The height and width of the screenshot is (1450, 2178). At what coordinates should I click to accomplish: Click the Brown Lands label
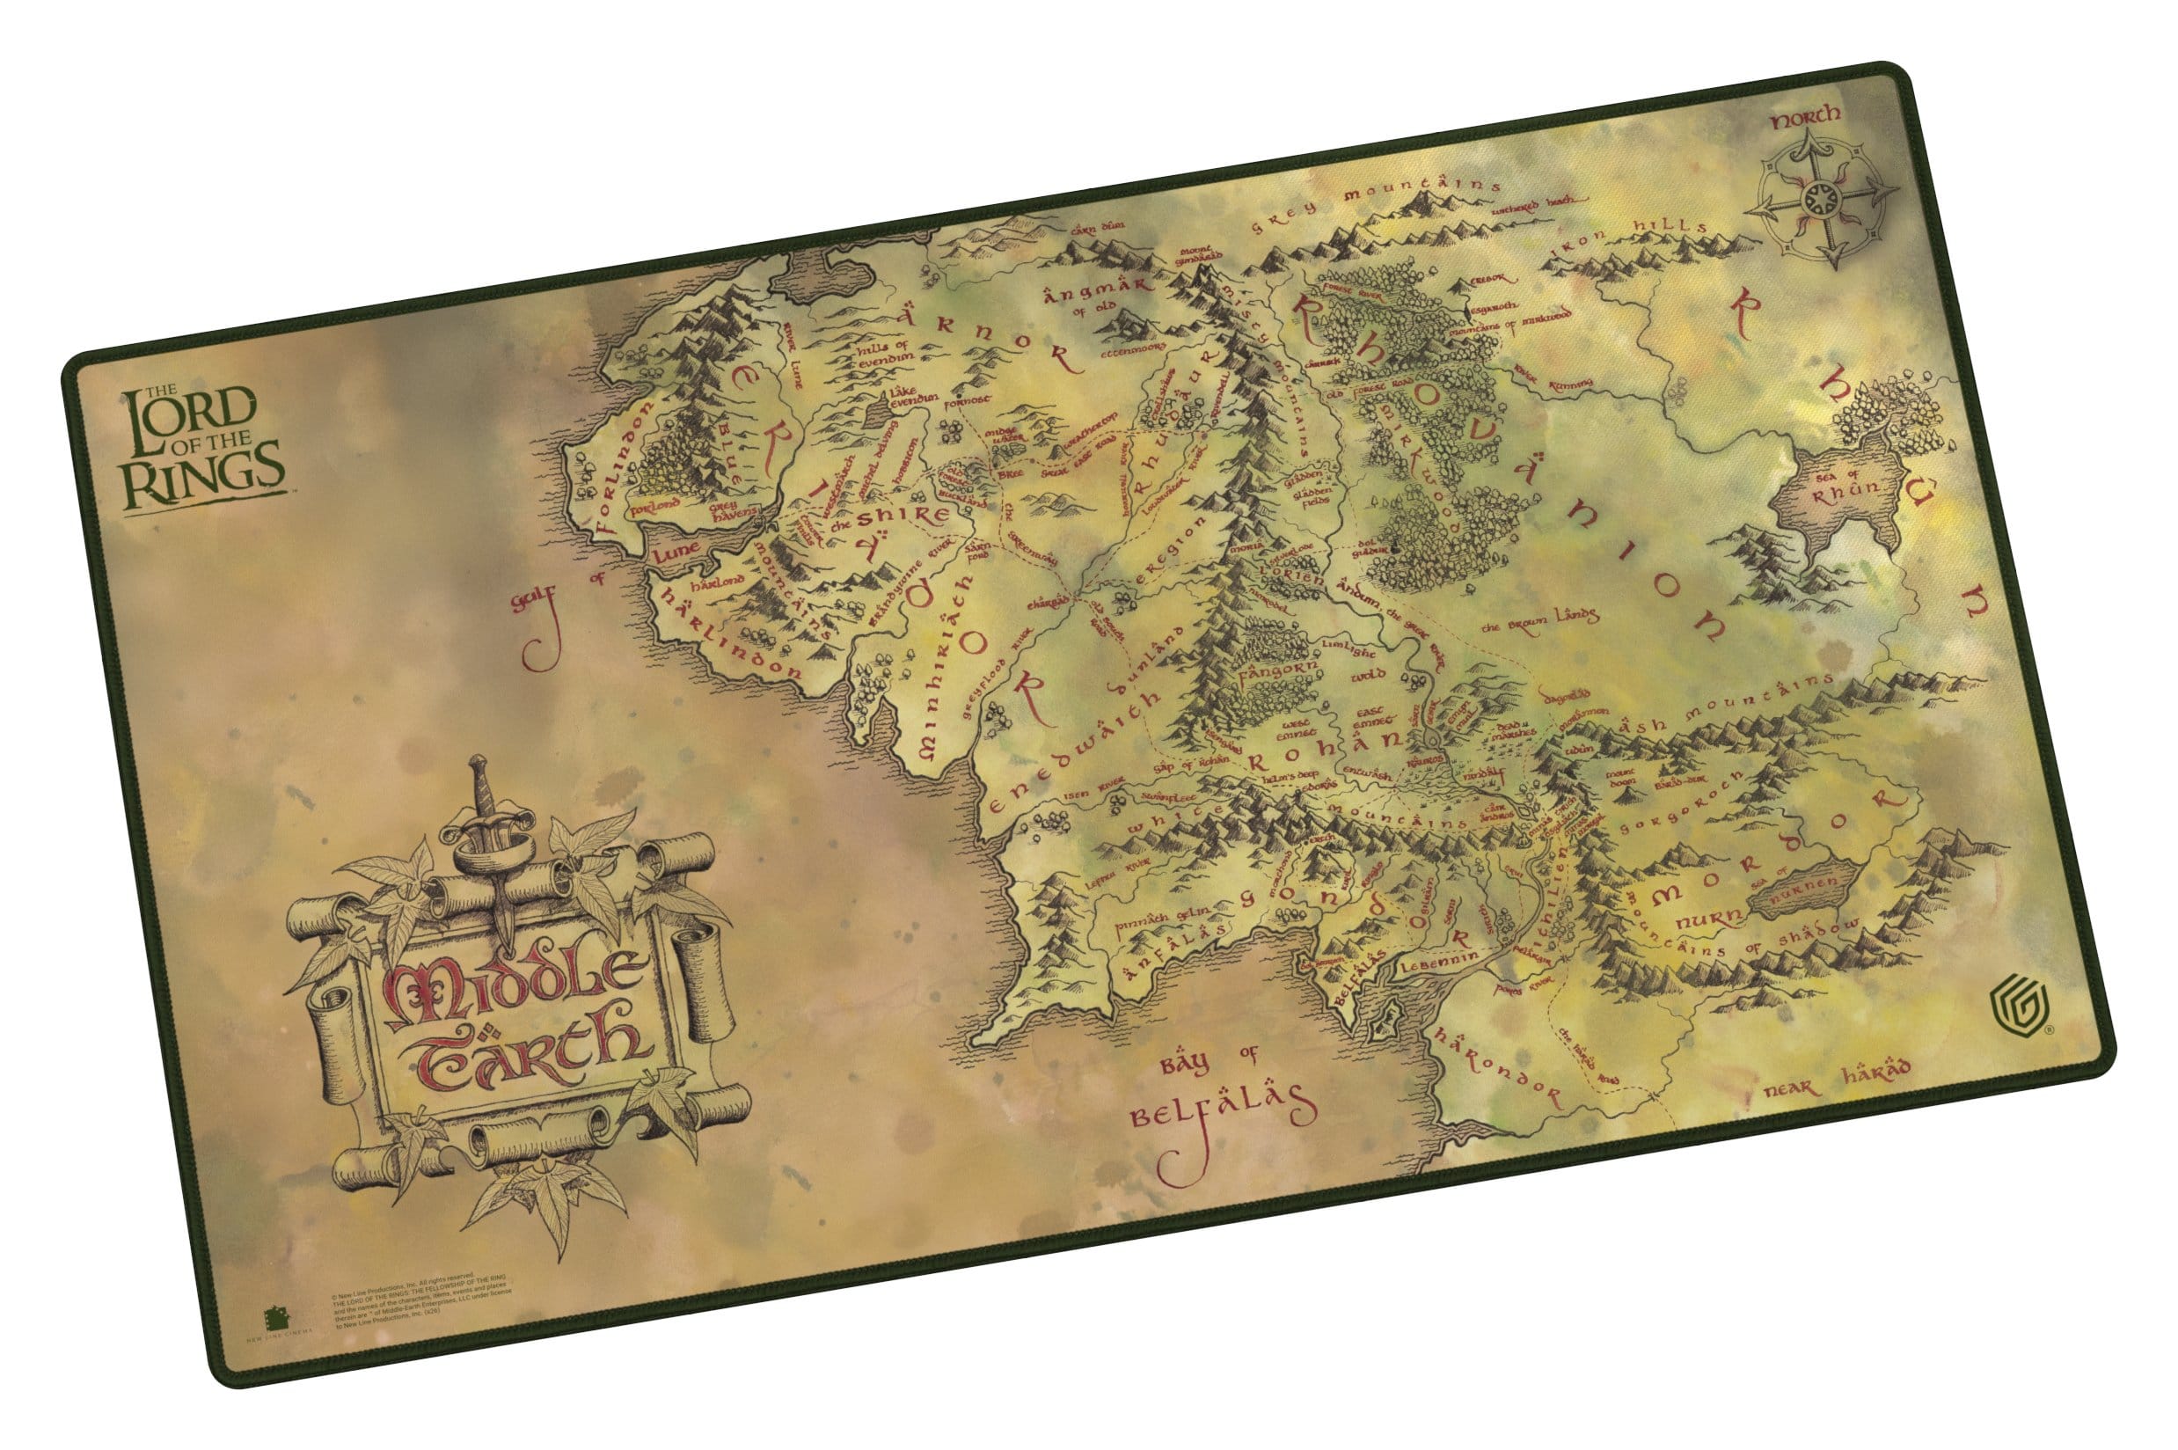coord(1539,621)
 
